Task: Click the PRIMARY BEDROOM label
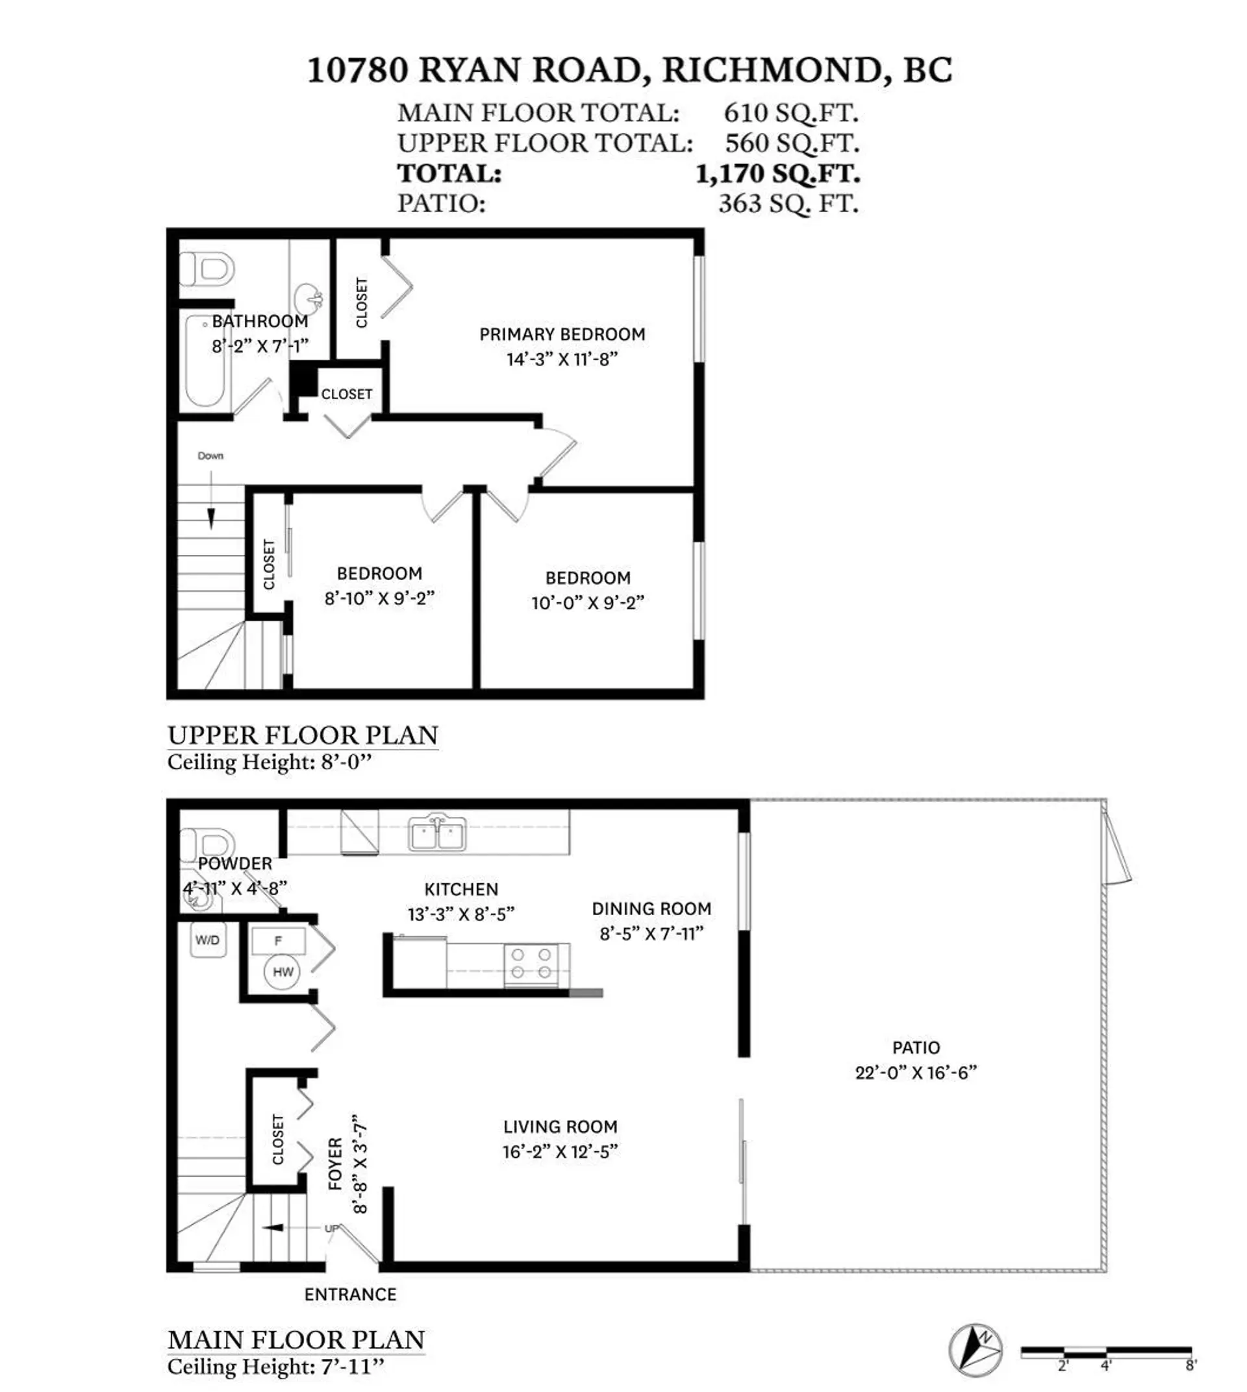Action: click(562, 334)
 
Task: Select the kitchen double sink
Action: click(437, 833)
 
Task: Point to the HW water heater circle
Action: click(283, 971)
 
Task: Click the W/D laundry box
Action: click(208, 940)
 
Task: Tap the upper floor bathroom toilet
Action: click(207, 269)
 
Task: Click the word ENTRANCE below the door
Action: click(350, 1294)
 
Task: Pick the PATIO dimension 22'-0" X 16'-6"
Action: click(915, 1072)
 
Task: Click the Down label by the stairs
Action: click(210, 456)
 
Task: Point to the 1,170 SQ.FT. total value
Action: click(777, 173)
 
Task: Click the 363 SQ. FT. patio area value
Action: click(788, 203)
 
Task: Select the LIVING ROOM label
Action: click(560, 1127)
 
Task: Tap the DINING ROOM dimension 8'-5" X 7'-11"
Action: click(651, 933)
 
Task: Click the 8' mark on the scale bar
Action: click(1190, 1365)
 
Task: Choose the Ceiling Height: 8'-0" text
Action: click(269, 761)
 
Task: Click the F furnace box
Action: click(277, 940)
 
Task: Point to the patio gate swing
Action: click(1115, 846)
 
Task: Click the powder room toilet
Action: click(207, 845)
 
